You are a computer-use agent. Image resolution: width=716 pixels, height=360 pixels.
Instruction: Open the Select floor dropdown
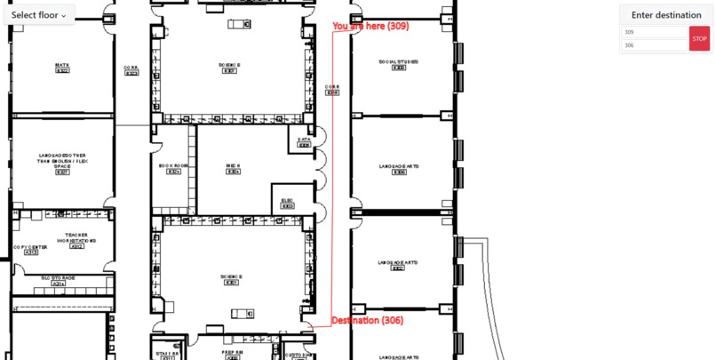39,14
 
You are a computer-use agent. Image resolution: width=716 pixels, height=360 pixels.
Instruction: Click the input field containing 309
655,32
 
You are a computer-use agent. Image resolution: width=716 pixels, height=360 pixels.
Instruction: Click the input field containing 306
655,45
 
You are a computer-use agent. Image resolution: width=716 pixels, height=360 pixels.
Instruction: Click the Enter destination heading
666,15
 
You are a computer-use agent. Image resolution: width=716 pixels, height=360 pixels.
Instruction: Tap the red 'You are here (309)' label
370,27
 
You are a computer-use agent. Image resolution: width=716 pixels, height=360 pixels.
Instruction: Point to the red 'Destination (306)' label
367,320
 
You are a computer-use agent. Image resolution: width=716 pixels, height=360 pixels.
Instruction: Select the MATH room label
62,66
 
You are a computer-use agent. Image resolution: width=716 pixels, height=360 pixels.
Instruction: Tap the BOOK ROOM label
174,167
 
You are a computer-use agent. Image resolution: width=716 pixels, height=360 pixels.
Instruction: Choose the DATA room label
304,140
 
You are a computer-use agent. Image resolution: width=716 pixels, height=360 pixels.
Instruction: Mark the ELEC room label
287,201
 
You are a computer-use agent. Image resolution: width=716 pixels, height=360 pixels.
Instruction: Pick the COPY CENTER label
30,248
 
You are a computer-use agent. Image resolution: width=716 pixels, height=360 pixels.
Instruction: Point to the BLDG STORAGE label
59,278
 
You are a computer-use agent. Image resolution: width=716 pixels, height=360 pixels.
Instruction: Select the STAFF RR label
167,354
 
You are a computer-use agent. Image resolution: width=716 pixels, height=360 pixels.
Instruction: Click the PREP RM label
232,354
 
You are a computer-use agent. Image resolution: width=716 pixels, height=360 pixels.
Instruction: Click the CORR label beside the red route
332,88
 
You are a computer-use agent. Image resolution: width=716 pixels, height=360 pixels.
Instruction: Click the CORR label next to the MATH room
131,68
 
